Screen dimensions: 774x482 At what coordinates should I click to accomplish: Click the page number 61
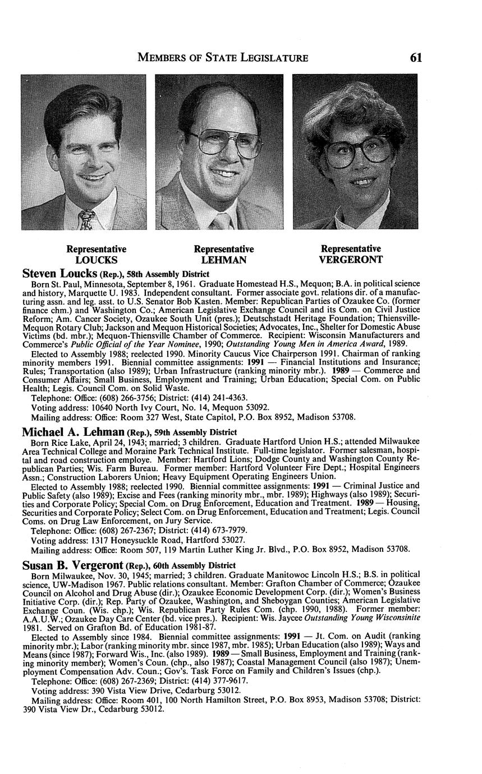click(x=415, y=57)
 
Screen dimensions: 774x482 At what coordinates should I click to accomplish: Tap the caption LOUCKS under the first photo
click(x=96, y=260)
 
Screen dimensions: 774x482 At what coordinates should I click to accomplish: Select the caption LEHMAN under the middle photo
click(x=223, y=260)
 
